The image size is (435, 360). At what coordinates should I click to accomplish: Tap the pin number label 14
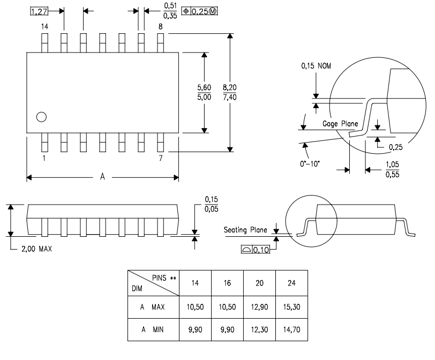45,26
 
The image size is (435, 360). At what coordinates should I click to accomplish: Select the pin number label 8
160,26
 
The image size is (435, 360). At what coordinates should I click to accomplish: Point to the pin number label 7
160,159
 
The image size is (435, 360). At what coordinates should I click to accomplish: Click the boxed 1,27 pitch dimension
38,11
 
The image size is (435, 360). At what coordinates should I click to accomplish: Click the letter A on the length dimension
102,177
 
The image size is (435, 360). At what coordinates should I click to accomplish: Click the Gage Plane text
340,124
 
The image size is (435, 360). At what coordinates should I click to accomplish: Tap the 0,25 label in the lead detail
396,146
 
